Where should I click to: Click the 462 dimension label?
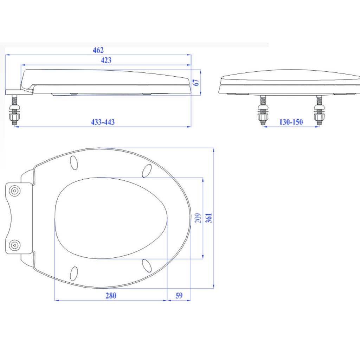click(x=98, y=50)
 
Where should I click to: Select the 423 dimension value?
click(x=106, y=60)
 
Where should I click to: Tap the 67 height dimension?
click(x=196, y=82)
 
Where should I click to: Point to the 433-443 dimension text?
click(x=103, y=122)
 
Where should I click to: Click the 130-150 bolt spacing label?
click(x=291, y=122)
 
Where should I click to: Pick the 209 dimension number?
click(x=198, y=218)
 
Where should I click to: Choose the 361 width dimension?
click(x=209, y=218)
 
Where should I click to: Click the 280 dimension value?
click(x=111, y=295)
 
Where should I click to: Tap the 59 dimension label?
click(x=179, y=295)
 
